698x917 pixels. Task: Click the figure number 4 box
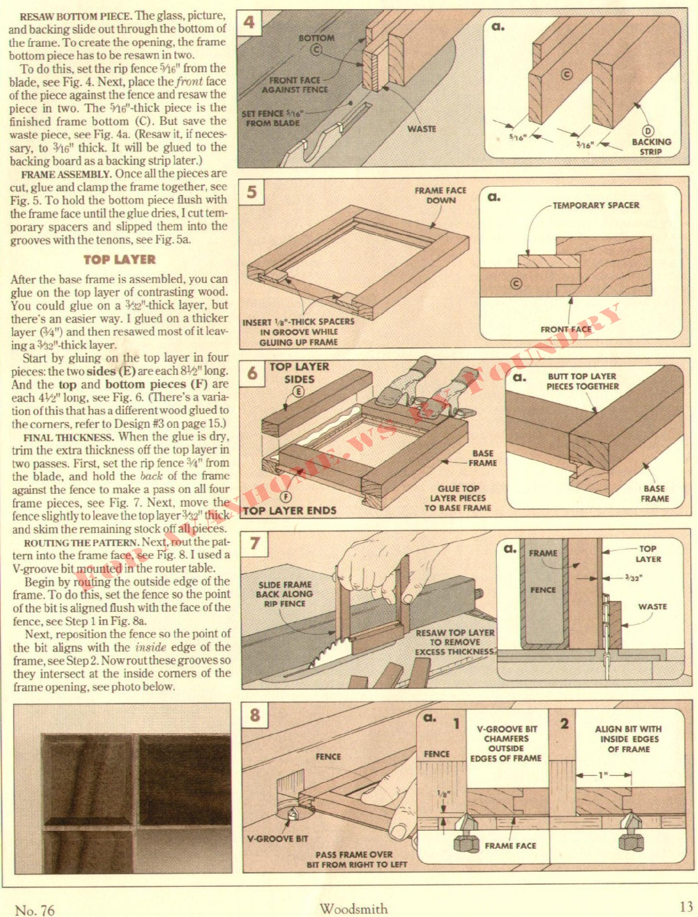249,22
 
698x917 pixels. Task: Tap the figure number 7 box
254,543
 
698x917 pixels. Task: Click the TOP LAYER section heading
119,260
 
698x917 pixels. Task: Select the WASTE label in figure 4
422,129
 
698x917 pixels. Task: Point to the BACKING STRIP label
651,147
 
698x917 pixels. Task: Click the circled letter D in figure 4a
648,131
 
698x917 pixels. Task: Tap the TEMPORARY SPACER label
596,205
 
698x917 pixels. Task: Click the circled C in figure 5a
516,284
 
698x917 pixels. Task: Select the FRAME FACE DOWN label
440,195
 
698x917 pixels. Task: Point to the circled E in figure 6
298,392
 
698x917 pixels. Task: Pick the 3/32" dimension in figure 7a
633,578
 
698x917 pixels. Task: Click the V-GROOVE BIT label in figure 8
277,839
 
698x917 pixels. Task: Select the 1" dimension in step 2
603,775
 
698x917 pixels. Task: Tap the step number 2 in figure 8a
564,724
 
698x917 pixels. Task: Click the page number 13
686,906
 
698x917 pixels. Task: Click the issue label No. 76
35,910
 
